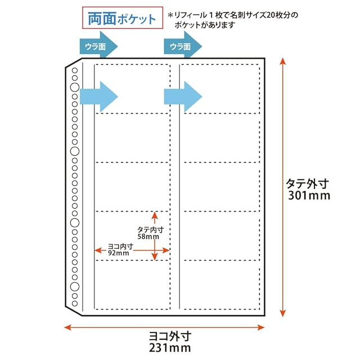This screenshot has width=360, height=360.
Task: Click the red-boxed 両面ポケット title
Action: point(121,19)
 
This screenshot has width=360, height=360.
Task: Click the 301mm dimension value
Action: point(307,196)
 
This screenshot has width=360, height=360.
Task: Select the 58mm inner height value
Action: point(148,237)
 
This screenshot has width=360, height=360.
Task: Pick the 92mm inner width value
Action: point(119,254)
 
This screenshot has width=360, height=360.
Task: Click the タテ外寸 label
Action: point(307,183)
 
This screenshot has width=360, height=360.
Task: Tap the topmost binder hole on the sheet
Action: point(74,70)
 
